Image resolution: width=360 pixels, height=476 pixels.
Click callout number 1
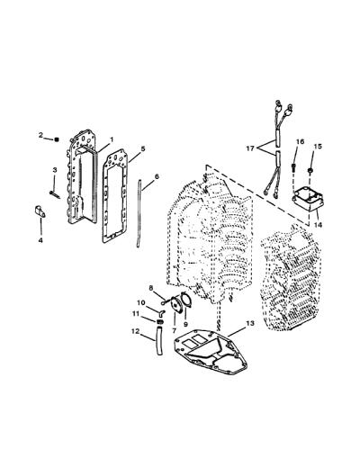(112, 139)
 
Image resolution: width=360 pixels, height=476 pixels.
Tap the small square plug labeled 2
(56, 139)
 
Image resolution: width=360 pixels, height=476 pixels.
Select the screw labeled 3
(55, 194)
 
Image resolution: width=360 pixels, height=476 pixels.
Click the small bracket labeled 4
(40, 211)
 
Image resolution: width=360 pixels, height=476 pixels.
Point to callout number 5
(143, 148)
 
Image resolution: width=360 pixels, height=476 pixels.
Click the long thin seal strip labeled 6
(139, 213)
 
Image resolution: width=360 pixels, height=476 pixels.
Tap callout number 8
(151, 288)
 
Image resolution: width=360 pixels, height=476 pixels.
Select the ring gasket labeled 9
(185, 301)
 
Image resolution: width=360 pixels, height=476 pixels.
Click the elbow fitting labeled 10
(161, 312)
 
